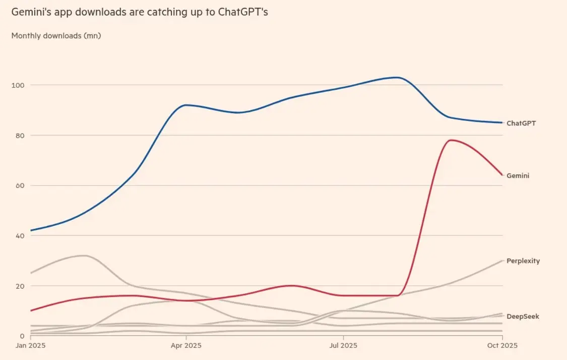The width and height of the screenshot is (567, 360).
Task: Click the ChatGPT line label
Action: click(x=521, y=123)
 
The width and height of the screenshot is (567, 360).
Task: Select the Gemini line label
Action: click(x=518, y=176)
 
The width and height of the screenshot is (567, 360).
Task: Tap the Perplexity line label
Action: click(x=523, y=261)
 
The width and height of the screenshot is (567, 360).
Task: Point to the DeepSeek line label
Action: click(x=523, y=317)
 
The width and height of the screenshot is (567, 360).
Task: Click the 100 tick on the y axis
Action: click(x=18, y=85)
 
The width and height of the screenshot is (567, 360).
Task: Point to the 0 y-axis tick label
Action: click(x=22, y=336)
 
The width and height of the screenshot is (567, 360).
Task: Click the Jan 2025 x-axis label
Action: click(x=30, y=346)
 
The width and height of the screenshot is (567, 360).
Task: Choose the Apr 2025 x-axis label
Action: click(x=186, y=346)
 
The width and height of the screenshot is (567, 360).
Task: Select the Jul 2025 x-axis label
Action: click(x=343, y=346)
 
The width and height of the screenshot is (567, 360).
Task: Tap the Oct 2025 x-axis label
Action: click(x=502, y=346)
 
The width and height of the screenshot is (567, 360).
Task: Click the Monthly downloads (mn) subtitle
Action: click(x=56, y=36)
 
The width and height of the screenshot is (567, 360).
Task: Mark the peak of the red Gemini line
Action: click(x=450, y=140)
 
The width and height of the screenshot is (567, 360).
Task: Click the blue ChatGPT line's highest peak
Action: click(x=397, y=77)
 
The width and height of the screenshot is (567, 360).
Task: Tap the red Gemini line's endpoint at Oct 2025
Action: click(x=502, y=175)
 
